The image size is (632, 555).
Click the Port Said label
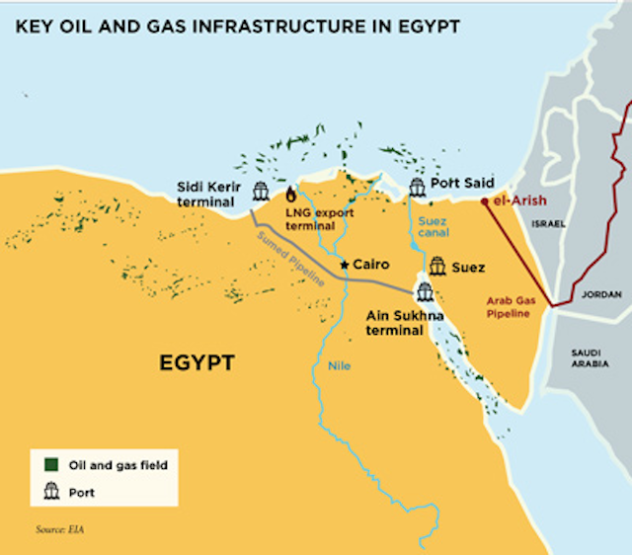460,184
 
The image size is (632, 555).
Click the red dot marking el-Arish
484,201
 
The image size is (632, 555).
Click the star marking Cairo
344,264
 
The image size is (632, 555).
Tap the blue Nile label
339,367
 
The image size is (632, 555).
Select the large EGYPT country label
197,363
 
